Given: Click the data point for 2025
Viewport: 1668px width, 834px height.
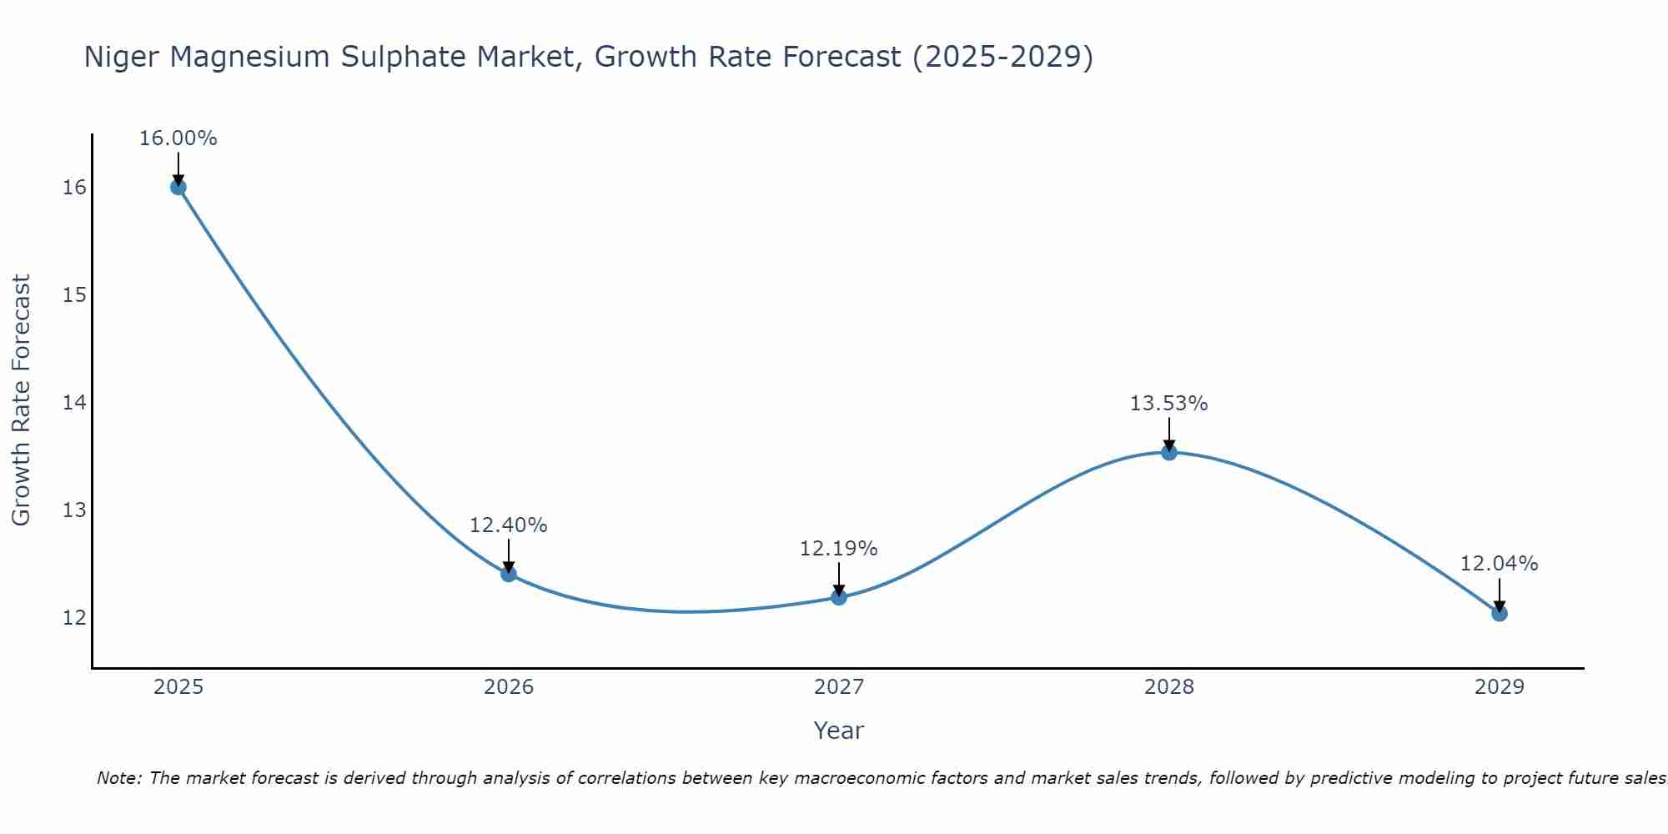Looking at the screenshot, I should point(178,187).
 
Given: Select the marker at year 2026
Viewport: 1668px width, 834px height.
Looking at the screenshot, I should point(509,574).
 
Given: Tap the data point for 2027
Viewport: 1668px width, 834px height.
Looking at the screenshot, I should point(839,596).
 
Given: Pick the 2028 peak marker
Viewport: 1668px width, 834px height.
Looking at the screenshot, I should point(1169,452).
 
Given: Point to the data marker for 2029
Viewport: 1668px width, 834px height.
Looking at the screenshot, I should point(1500,613).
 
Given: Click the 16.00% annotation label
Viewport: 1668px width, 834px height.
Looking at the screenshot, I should point(178,138).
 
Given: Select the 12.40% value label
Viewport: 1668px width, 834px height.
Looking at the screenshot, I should point(508,525).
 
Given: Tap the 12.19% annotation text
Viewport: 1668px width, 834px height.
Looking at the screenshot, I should point(838,549).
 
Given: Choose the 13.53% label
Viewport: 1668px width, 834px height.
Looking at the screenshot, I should point(1168,404).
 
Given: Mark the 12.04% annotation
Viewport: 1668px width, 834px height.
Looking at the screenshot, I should point(1499,564).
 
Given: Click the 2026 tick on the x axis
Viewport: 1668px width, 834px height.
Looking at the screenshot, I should point(509,687).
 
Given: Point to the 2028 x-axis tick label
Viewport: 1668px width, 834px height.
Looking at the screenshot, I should point(1169,687).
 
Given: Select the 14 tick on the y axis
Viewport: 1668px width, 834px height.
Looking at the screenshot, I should point(74,403).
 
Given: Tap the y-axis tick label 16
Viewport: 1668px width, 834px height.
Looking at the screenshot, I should point(74,188).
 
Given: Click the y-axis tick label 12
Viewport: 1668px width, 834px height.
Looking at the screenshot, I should point(74,618).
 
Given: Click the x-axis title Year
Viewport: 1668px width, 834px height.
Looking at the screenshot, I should point(838,731).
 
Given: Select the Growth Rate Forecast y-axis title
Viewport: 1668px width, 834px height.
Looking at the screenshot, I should point(21,400).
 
